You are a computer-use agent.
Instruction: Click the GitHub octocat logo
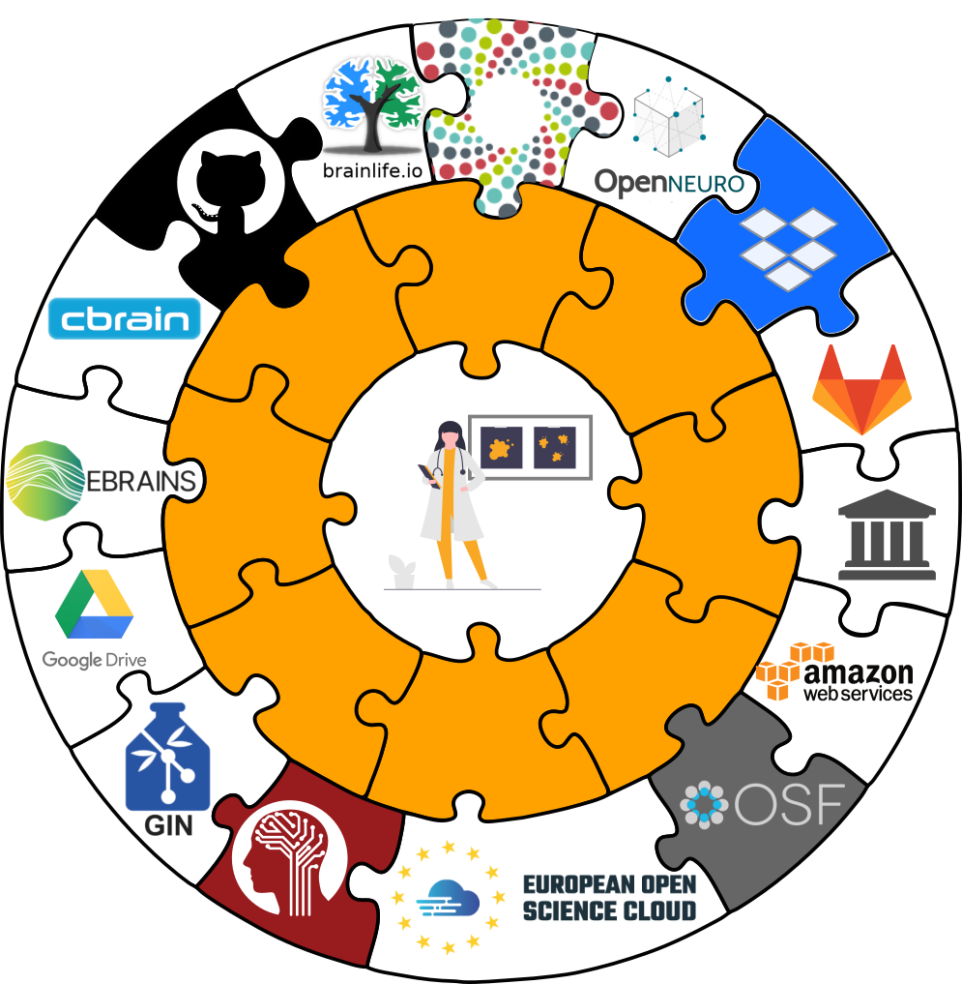[x=230, y=181]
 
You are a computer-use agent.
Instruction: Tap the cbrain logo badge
[x=125, y=319]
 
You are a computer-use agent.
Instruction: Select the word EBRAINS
[x=141, y=480]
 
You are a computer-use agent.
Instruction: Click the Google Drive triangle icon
[x=94, y=605]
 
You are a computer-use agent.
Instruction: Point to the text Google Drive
[x=94, y=661]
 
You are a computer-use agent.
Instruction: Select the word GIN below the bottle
[x=167, y=825]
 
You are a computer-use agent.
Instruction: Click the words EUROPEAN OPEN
[x=609, y=884]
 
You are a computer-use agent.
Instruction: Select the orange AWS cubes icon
[x=781, y=671]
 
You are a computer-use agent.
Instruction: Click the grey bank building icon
[x=887, y=534]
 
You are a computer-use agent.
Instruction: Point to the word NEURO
[x=706, y=184]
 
